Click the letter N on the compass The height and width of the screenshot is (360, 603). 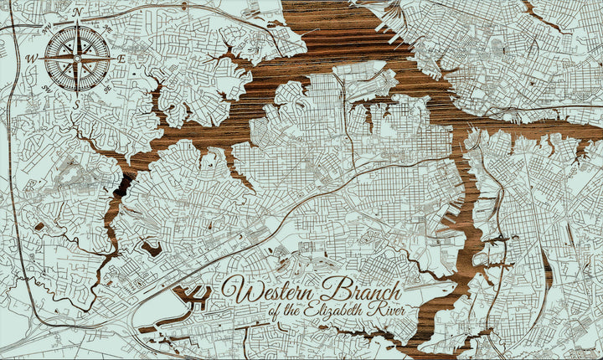coord(77,13)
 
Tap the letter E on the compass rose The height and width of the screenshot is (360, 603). coord(121,59)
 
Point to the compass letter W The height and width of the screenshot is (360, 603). coord(32,59)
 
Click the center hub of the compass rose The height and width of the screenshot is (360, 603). coord(77,59)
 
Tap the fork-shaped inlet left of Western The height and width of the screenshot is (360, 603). coord(195,296)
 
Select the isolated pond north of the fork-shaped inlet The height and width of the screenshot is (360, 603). coord(153,248)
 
